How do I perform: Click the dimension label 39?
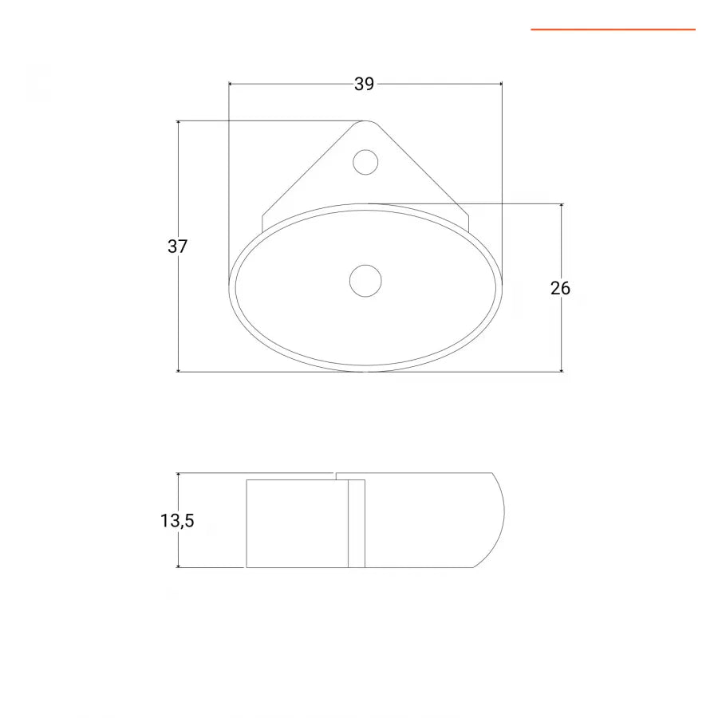click(364, 84)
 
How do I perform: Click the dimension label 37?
click(177, 247)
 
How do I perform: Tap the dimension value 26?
click(561, 288)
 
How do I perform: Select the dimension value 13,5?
click(177, 521)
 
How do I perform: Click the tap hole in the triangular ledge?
click(365, 162)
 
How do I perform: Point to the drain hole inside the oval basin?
click(365, 281)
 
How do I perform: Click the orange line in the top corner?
click(613, 30)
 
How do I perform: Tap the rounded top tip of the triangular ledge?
click(366, 122)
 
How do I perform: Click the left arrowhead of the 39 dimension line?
click(230, 83)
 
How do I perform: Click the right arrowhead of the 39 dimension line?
click(501, 83)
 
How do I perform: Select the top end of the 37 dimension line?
click(178, 121)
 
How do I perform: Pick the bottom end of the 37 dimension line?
click(178, 371)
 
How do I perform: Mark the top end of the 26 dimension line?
click(562, 204)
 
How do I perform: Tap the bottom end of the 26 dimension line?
click(562, 371)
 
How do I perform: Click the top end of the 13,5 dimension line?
click(178, 473)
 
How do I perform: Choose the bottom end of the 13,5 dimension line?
click(178, 567)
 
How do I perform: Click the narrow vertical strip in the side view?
click(357, 523)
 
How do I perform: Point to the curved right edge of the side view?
click(503, 519)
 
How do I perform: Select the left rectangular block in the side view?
click(296, 523)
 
